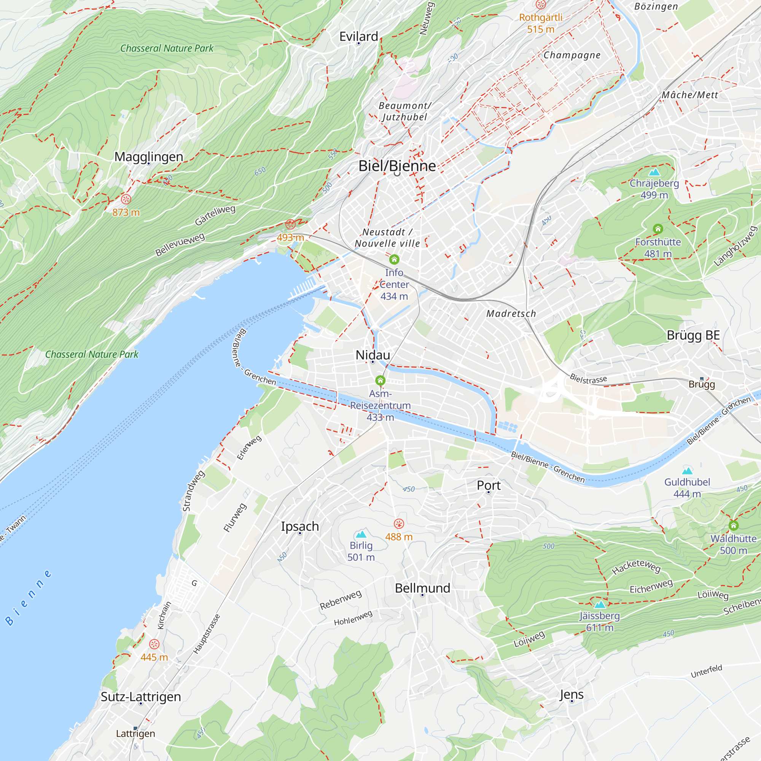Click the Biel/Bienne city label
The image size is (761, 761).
(x=397, y=166)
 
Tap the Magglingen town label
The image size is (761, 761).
(x=149, y=156)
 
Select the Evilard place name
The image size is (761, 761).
(x=358, y=36)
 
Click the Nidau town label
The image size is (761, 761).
(x=373, y=355)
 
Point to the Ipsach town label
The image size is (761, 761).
(x=300, y=526)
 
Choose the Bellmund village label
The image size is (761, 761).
(x=422, y=588)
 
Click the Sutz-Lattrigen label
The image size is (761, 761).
(x=141, y=696)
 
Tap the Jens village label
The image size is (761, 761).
(x=571, y=694)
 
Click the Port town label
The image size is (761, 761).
(x=489, y=485)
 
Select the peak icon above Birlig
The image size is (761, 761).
(x=361, y=535)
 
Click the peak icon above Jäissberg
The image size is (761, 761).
(x=600, y=605)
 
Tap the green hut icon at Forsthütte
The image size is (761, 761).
(x=658, y=229)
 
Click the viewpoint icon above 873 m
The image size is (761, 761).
(x=126, y=199)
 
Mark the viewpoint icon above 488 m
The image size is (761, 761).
(x=399, y=524)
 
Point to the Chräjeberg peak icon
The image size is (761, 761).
(x=654, y=172)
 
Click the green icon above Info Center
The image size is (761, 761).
(x=394, y=260)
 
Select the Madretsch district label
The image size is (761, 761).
(x=511, y=314)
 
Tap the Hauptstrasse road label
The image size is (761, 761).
(x=206, y=634)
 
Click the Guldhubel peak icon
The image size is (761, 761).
(x=687, y=471)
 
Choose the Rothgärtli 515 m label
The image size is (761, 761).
(x=540, y=23)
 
